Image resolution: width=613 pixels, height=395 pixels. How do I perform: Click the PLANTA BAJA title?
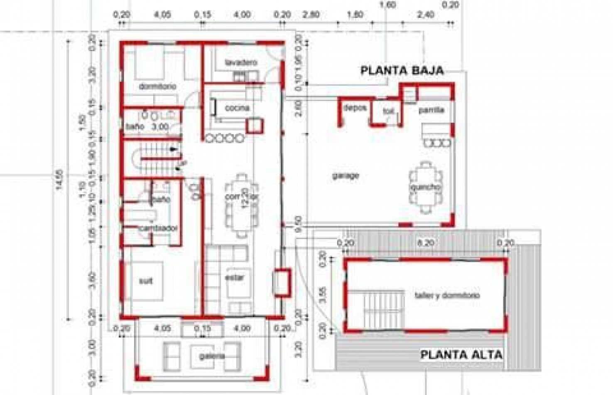[402, 70]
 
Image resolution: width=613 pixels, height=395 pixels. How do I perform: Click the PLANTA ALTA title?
[461, 355]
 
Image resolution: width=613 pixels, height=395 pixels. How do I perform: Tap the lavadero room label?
[241, 63]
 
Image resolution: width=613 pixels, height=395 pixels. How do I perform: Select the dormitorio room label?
[157, 86]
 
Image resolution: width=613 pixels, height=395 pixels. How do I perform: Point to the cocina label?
[237, 108]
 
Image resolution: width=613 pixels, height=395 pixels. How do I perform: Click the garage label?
[345, 175]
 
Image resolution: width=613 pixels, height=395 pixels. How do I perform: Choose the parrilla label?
[431, 110]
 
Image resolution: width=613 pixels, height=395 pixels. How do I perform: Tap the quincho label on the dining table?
[425, 188]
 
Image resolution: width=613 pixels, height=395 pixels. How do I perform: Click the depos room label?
[355, 108]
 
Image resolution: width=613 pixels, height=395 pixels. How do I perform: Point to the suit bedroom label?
[145, 281]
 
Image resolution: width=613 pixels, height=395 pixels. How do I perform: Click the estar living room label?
[235, 278]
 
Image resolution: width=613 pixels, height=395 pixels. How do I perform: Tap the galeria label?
[211, 356]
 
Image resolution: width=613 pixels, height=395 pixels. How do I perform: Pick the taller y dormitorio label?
[447, 296]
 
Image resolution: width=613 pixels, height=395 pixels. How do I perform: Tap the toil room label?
[388, 112]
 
